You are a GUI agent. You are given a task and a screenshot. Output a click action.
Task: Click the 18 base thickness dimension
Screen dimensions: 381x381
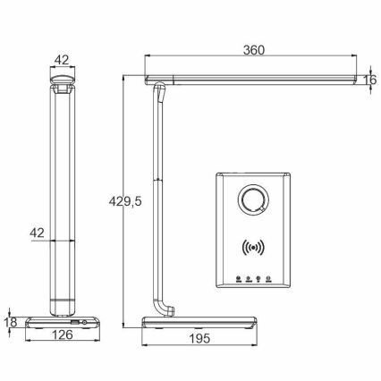click(10, 321)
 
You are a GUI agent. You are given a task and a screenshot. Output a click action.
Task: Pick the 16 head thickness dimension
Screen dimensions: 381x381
click(369, 80)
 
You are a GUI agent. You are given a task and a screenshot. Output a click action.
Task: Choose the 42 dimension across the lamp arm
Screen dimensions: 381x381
click(37, 233)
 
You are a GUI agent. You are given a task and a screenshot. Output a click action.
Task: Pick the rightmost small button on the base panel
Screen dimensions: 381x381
click(268, 278)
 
